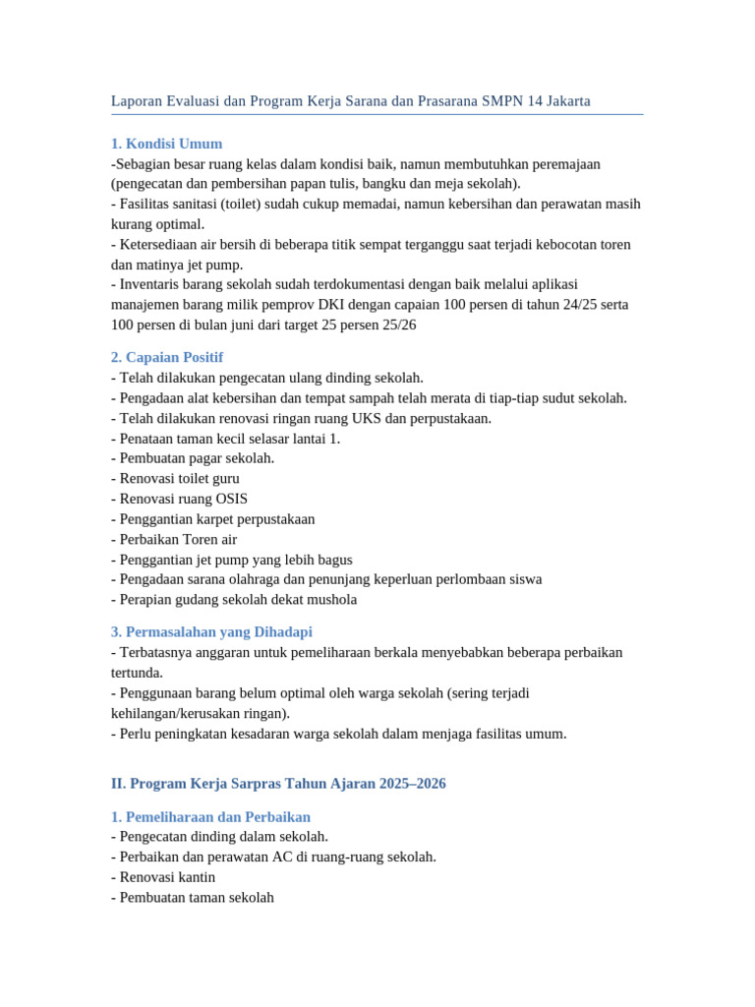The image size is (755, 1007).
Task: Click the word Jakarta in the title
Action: click(565, 101)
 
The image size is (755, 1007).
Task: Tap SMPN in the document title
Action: click(504, 101)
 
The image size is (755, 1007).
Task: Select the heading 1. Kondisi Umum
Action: click(167, 144)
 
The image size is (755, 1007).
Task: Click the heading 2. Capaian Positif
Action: click(167, 357)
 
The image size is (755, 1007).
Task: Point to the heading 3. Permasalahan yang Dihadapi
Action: click(211, 631)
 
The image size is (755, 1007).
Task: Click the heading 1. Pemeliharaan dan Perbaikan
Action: click(210, 816)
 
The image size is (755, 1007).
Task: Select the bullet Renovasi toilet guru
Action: click(177, 479)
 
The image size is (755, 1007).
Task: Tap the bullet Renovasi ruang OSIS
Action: click(181, 499)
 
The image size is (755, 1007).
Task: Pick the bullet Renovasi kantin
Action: click(165, 877)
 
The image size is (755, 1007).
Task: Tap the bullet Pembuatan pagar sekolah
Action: click(195, 458)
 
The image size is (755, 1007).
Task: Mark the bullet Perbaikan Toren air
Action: click(176, 539)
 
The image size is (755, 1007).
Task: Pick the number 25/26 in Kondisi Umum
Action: click(397, 325)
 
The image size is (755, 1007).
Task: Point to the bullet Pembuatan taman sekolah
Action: click(195, 897)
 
